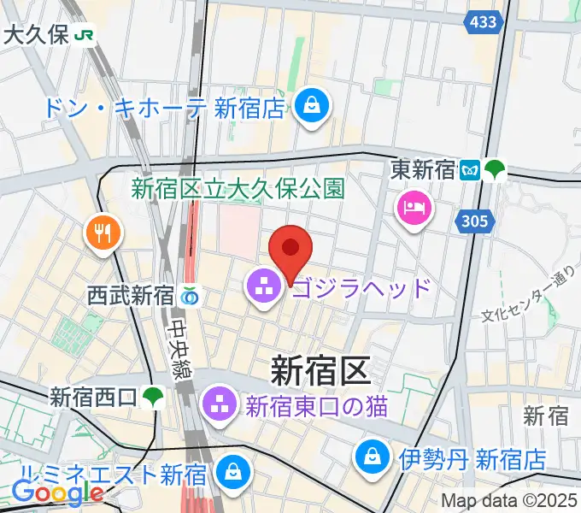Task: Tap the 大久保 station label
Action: [38, 34]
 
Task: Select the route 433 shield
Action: [484, 22]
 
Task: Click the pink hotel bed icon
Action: [414, 208]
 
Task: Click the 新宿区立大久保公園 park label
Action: [237, 188]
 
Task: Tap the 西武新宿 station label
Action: [131, 296]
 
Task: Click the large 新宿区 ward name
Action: [320, 370]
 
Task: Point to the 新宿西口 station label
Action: [93, 397]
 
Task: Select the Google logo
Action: [57, 493]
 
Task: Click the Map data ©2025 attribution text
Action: [508, 500]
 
